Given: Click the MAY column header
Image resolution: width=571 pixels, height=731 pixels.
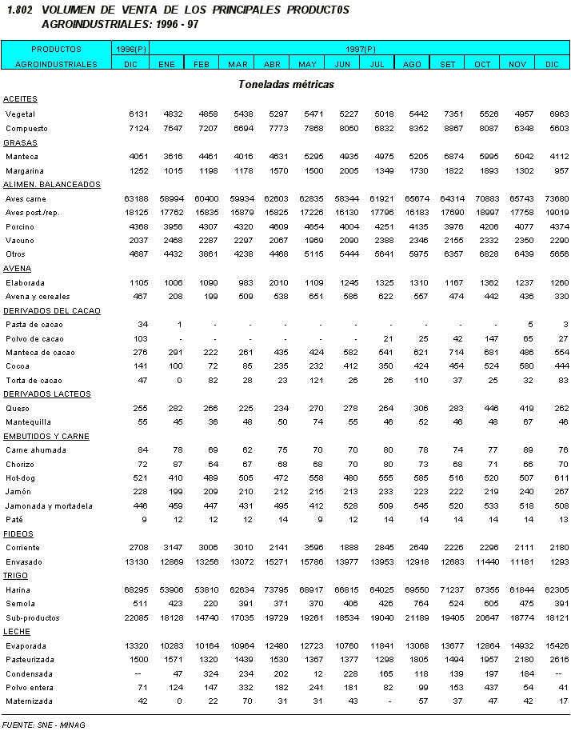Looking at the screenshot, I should pos(307,63).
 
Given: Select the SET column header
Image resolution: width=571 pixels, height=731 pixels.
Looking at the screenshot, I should pos(448,63).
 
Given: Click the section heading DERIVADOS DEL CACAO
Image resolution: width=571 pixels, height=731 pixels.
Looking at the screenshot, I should pos(47,310).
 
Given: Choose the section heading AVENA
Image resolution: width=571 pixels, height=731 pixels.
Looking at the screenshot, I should pos(17,269).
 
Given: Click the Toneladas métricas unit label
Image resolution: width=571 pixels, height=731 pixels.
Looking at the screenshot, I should pos(285,84).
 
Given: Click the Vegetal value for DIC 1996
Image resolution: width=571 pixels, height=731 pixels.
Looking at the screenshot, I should pos(138,114).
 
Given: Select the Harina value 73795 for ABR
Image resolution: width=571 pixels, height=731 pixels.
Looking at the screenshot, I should pos(273,589).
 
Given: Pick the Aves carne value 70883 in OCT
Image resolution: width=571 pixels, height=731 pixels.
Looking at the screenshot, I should pos(484,198).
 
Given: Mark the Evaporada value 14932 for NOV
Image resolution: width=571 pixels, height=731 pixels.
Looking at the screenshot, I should pos(520,645).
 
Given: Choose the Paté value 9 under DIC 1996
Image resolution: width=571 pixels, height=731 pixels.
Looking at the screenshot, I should pos(145,520).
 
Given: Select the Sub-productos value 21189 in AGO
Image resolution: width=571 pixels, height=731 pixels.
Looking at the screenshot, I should pos(413,617).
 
